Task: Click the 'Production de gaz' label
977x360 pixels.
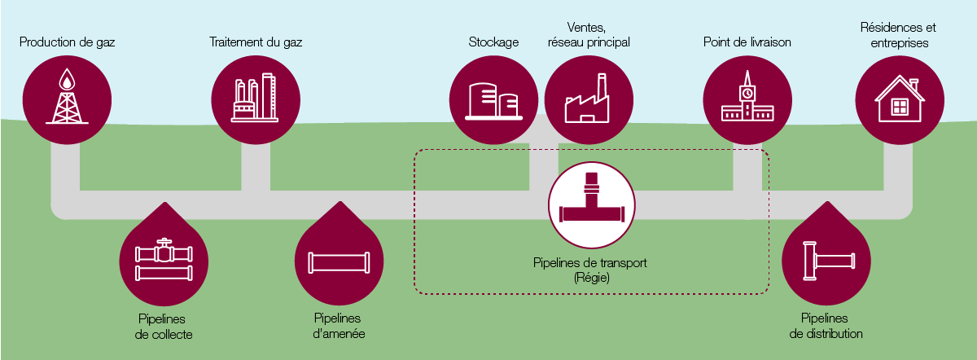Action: pos(68,42)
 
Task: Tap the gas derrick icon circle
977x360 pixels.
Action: pos(67,99)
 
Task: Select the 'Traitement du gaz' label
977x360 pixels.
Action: pos(256,42)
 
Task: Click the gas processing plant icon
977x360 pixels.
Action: pos(255,99)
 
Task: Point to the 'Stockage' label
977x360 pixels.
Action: pos(493,42)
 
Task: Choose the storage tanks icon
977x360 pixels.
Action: pos(493,99)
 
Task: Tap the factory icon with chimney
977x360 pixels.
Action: pos(588,99)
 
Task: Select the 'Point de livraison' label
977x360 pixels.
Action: pos(747,42)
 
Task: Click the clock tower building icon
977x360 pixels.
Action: pos(747,99)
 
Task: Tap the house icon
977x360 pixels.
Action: pos(899,99)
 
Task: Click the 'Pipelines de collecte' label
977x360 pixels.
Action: pos(164,326)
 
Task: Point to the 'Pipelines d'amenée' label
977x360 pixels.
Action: pos(339,326)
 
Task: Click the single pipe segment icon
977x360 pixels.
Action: pos(339,262)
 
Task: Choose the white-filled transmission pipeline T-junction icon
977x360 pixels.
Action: pos(592,205)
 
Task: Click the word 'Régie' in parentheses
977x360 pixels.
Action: pos(591,278)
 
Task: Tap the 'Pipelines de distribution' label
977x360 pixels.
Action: pos(826,326)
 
